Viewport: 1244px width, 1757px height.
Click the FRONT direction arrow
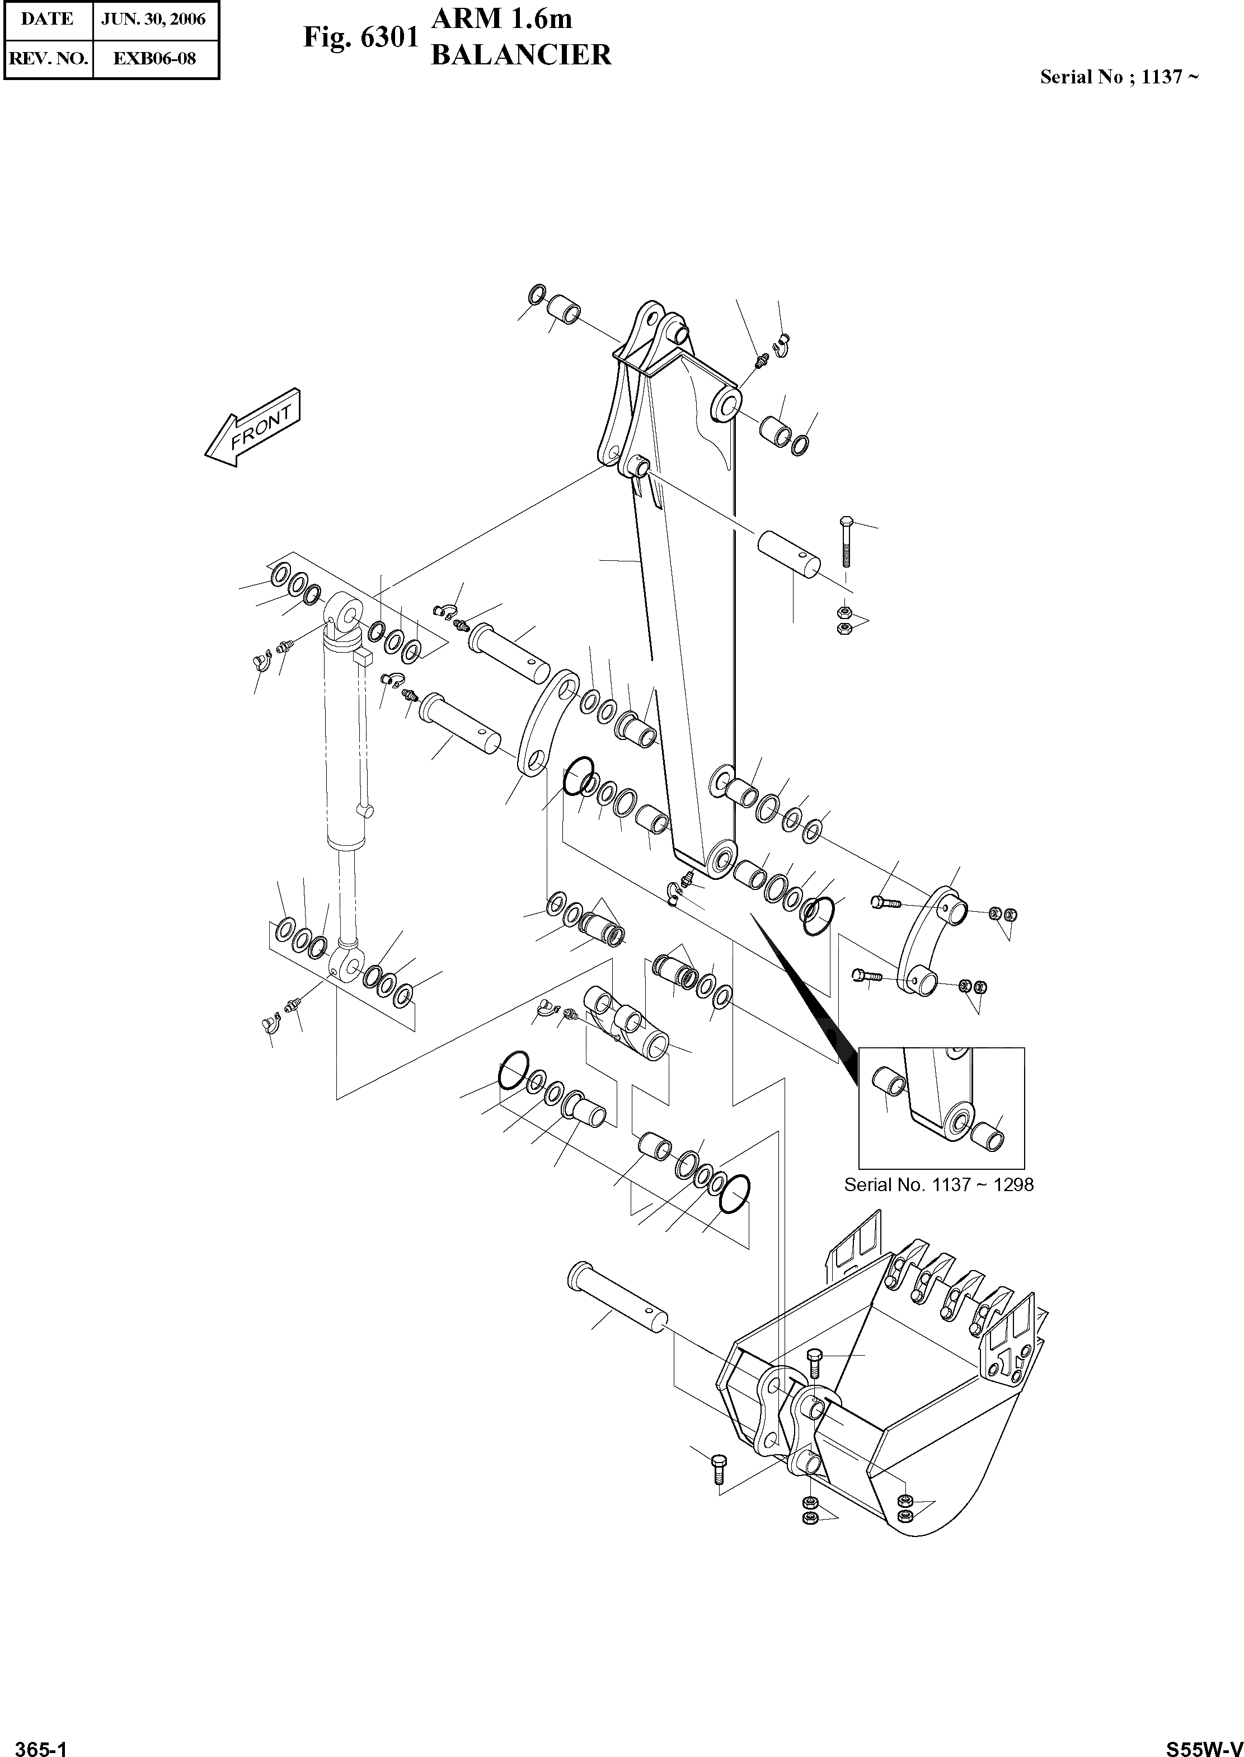[254, 430]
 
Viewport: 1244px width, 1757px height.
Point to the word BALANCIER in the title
[521, 55]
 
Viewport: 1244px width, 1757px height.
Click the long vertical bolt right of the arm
[845, 542]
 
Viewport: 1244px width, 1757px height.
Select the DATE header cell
[48, 19]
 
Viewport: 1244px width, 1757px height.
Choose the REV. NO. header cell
[48, 58]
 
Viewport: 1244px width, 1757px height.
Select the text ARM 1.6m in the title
[502, 18]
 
